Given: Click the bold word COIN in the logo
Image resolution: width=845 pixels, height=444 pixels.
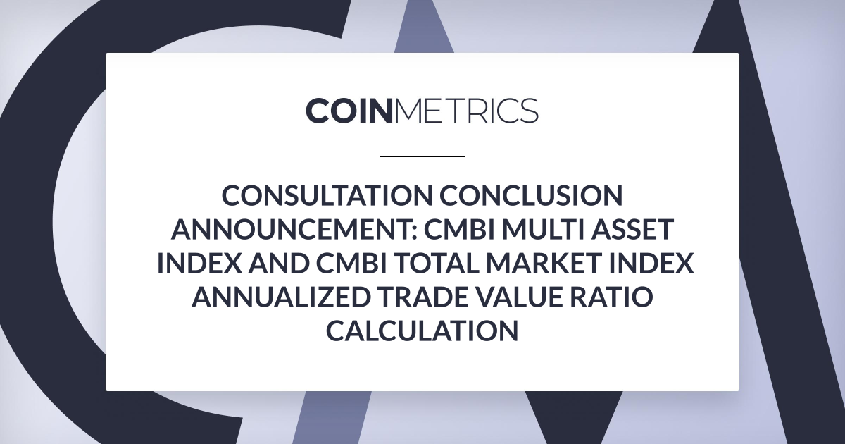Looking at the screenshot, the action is coord(347,111).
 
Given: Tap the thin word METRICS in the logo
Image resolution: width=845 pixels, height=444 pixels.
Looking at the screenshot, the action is coord(465,111).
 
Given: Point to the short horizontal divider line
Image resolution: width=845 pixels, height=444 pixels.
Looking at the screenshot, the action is coord(422,156).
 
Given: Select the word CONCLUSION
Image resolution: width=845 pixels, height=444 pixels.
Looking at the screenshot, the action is coord(531,196).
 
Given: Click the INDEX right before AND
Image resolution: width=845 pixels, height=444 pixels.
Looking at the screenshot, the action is coord(199,263).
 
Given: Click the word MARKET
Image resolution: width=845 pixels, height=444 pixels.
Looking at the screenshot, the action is coord(545,263).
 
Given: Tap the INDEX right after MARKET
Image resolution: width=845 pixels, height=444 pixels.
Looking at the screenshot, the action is coord(652,263).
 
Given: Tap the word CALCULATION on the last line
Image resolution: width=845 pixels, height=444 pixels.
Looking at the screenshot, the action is coord(422,331).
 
